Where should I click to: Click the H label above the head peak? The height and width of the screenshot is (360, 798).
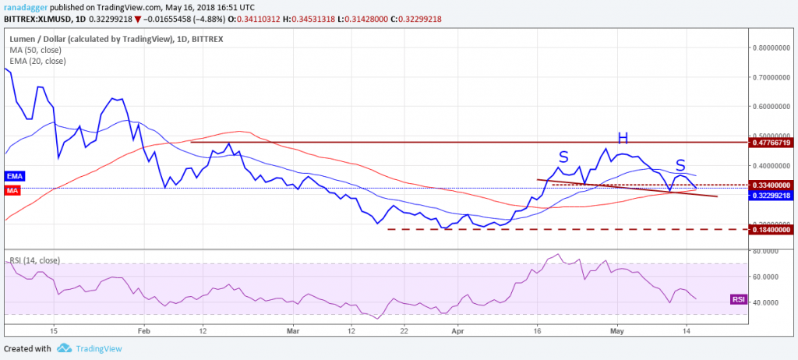[x=622, y=138]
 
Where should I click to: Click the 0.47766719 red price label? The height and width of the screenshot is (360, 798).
[x=771, y=143]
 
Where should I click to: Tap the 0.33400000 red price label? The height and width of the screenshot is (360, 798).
[x=771, y=185]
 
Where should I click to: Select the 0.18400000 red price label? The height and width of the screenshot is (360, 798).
[x=771, y=229]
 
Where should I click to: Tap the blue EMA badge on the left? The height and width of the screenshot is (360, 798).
[x=15, y=177]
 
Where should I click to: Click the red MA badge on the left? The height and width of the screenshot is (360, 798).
[x=13, y=190]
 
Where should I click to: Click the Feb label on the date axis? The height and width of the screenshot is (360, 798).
[x=143, y=330]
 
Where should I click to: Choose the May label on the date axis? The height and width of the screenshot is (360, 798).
[x=616, y=330]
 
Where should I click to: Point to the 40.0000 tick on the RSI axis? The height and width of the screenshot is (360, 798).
[x=766, y=302]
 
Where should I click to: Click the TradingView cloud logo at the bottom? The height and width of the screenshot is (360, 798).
[x=65, y=348]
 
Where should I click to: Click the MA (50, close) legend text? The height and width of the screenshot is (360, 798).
[x=36, y=49]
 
